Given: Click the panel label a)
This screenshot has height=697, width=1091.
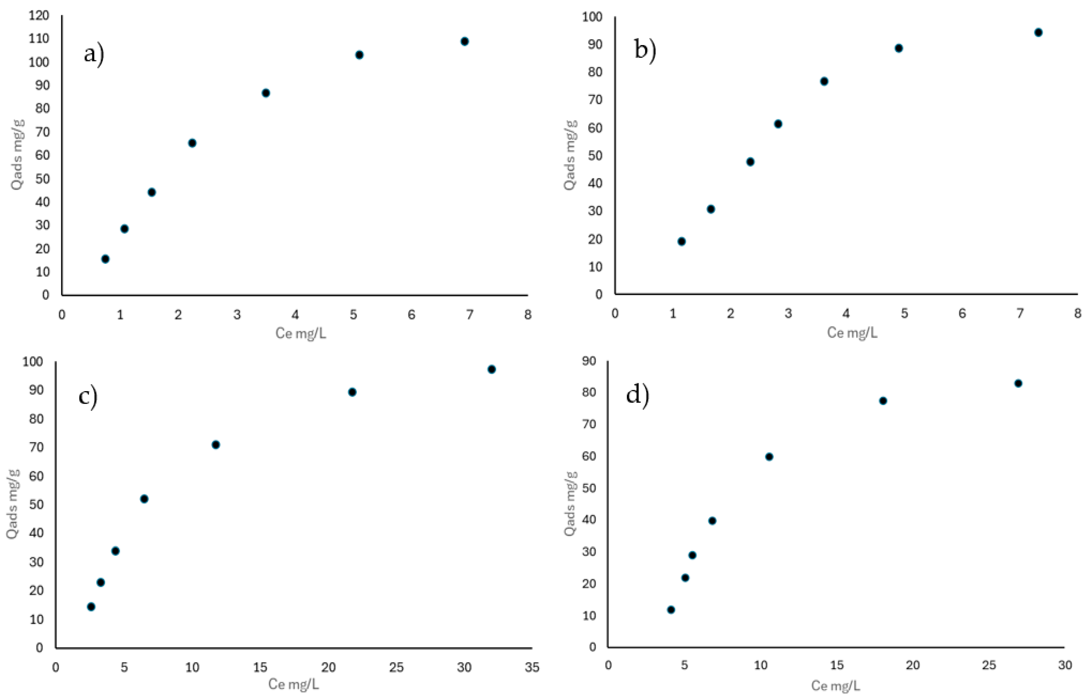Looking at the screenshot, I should click(94, 54).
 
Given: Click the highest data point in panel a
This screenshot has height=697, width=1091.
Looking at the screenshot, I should click(464, 41).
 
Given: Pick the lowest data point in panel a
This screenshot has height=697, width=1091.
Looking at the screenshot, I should click(105, 259).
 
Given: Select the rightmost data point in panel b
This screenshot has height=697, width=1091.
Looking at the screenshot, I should click(1039, 32).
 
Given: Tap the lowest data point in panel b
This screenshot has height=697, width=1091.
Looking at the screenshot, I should click(681, 241).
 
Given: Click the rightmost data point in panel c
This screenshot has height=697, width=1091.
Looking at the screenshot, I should click(492, 369).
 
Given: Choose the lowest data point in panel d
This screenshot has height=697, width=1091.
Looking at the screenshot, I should click(671, 610).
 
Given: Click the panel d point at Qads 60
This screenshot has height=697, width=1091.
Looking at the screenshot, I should click(769, 457).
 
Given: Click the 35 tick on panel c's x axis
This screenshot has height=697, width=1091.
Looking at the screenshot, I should click(532, 667).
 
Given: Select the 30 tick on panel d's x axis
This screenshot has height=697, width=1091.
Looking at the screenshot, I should click(1065, 665).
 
